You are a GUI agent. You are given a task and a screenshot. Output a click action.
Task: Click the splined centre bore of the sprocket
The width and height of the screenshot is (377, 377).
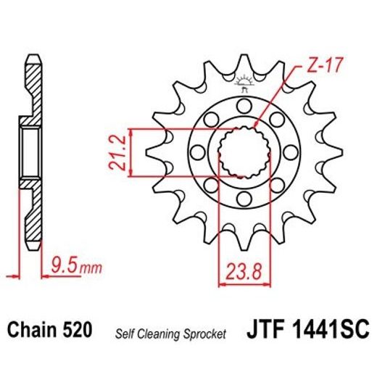pyautogui.click(x=244, y=151)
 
